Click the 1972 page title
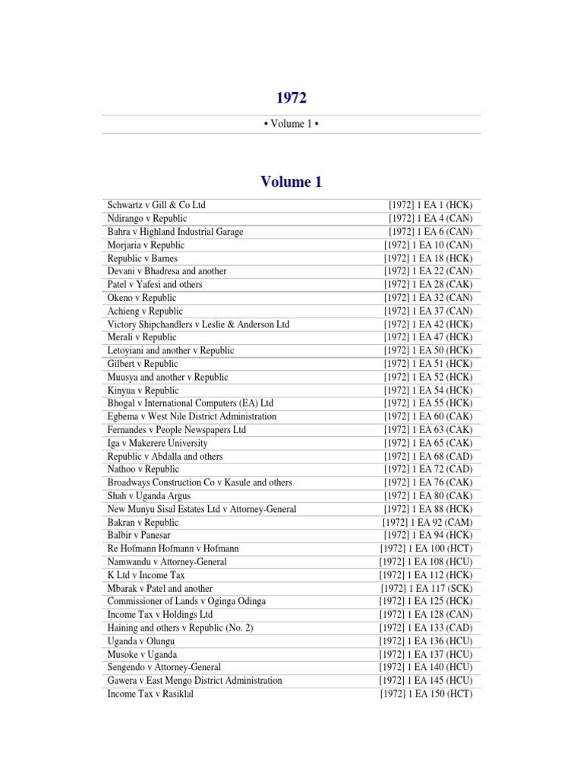click(x=291, y=97)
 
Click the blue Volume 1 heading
click(x=291, y=182)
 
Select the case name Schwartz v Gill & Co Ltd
click(x=156, y=206)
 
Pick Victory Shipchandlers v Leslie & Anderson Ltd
click(x=198, y=324)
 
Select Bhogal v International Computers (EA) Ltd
click(x=191, y=403)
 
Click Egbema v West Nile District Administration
click(x=192, y=416)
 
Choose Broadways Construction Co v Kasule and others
click(x=200, y=482)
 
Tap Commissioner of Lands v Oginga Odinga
click(x=187, y=602)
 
